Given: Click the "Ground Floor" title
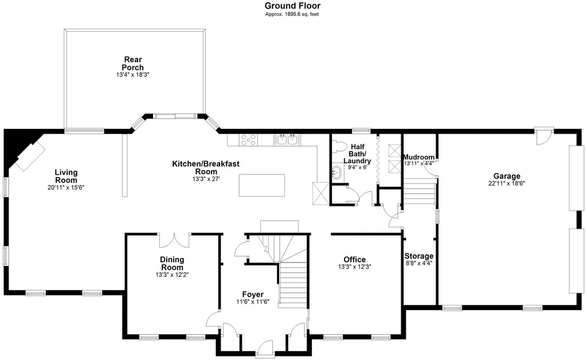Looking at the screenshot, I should [292, 6].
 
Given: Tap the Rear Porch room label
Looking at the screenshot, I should [132, 64].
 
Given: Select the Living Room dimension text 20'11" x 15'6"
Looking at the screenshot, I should [66, 187].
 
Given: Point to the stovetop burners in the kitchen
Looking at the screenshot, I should [249, 139].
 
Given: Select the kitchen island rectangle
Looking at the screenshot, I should [261, 185].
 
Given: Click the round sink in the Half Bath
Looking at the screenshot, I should [336, 173].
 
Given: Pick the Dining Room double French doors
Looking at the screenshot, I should [173, 239].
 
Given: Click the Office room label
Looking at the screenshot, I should [354, 260].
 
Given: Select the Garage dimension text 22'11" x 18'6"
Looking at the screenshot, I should [506, 184].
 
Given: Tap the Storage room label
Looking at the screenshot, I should [418, 256].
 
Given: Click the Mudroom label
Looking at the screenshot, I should [418, 157].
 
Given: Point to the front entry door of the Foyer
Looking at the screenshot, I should [265, 348].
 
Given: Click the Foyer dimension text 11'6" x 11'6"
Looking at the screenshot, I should [252, 302].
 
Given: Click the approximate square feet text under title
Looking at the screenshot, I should [292, 14].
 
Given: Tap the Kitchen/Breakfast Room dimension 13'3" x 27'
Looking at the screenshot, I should [206, 179].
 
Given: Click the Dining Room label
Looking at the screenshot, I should [172, 264].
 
